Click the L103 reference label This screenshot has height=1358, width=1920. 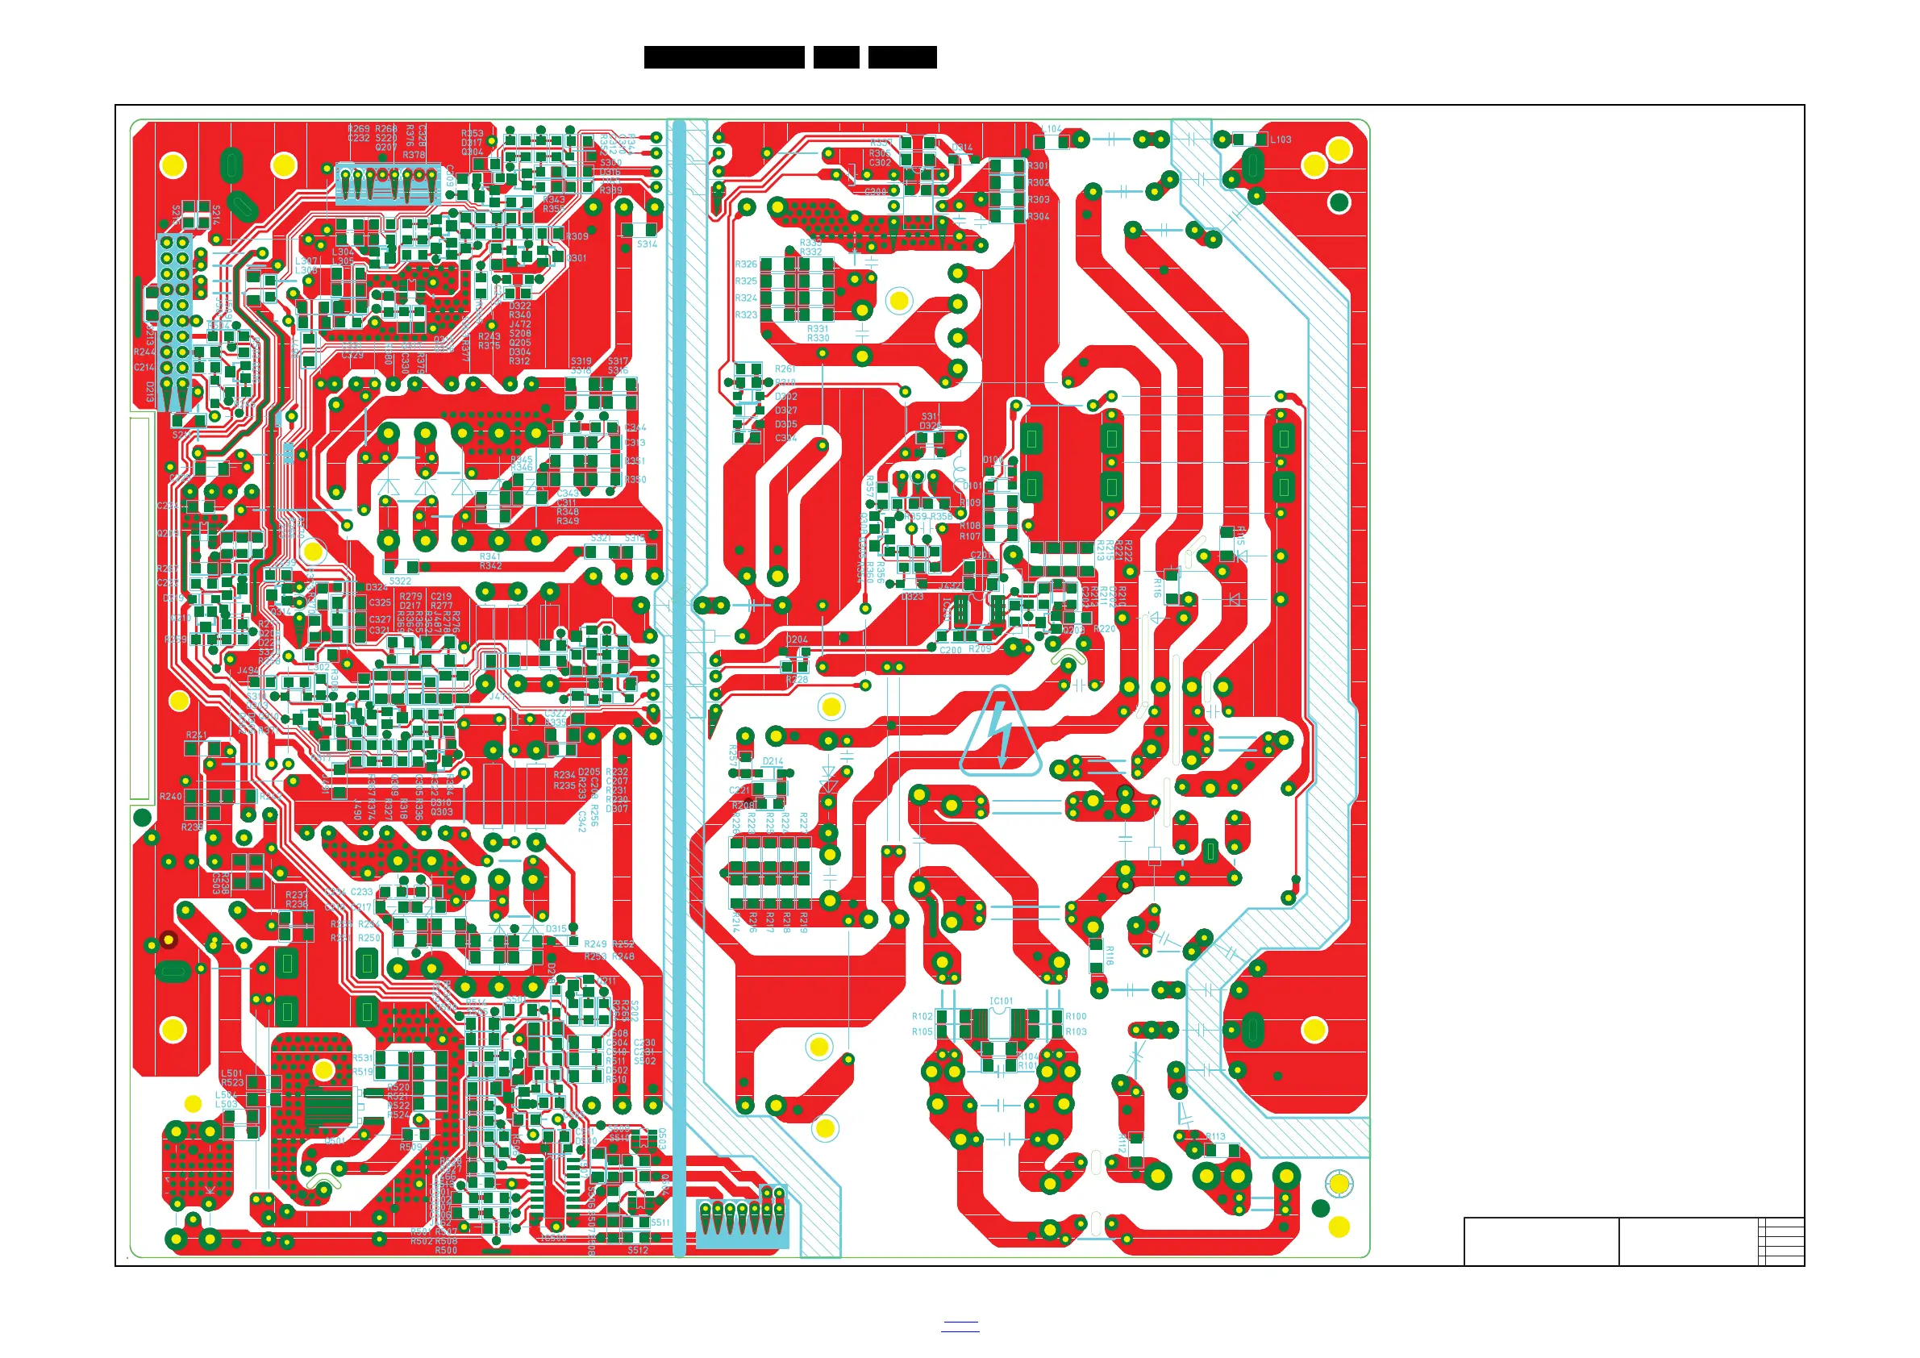coord(1281,140)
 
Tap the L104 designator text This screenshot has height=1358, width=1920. coord(1052,130)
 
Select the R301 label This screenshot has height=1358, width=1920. coord(1039,165)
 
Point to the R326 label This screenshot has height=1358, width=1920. coord(746,265)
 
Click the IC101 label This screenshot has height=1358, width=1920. coord(1001,1001)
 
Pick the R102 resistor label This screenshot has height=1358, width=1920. coord(923,1017)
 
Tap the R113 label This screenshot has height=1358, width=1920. coord(1215,1136)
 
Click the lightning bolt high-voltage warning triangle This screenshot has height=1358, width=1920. coord(1000,731)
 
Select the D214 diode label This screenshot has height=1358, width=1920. coord(773,762)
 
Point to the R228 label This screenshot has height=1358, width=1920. coord(797,680)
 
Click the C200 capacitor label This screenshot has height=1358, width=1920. coord(951,650)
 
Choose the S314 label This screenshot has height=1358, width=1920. coord(648,244)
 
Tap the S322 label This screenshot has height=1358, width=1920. coord(401,581)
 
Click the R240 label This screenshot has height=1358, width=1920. coord(171,797)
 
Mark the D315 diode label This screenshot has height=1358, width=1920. coord(556,929)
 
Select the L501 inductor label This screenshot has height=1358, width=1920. coord(231,1073)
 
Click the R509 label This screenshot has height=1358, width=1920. coord(410,1147)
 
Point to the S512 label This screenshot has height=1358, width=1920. coord(638,1251)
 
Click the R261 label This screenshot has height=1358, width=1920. coord(785,369)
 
